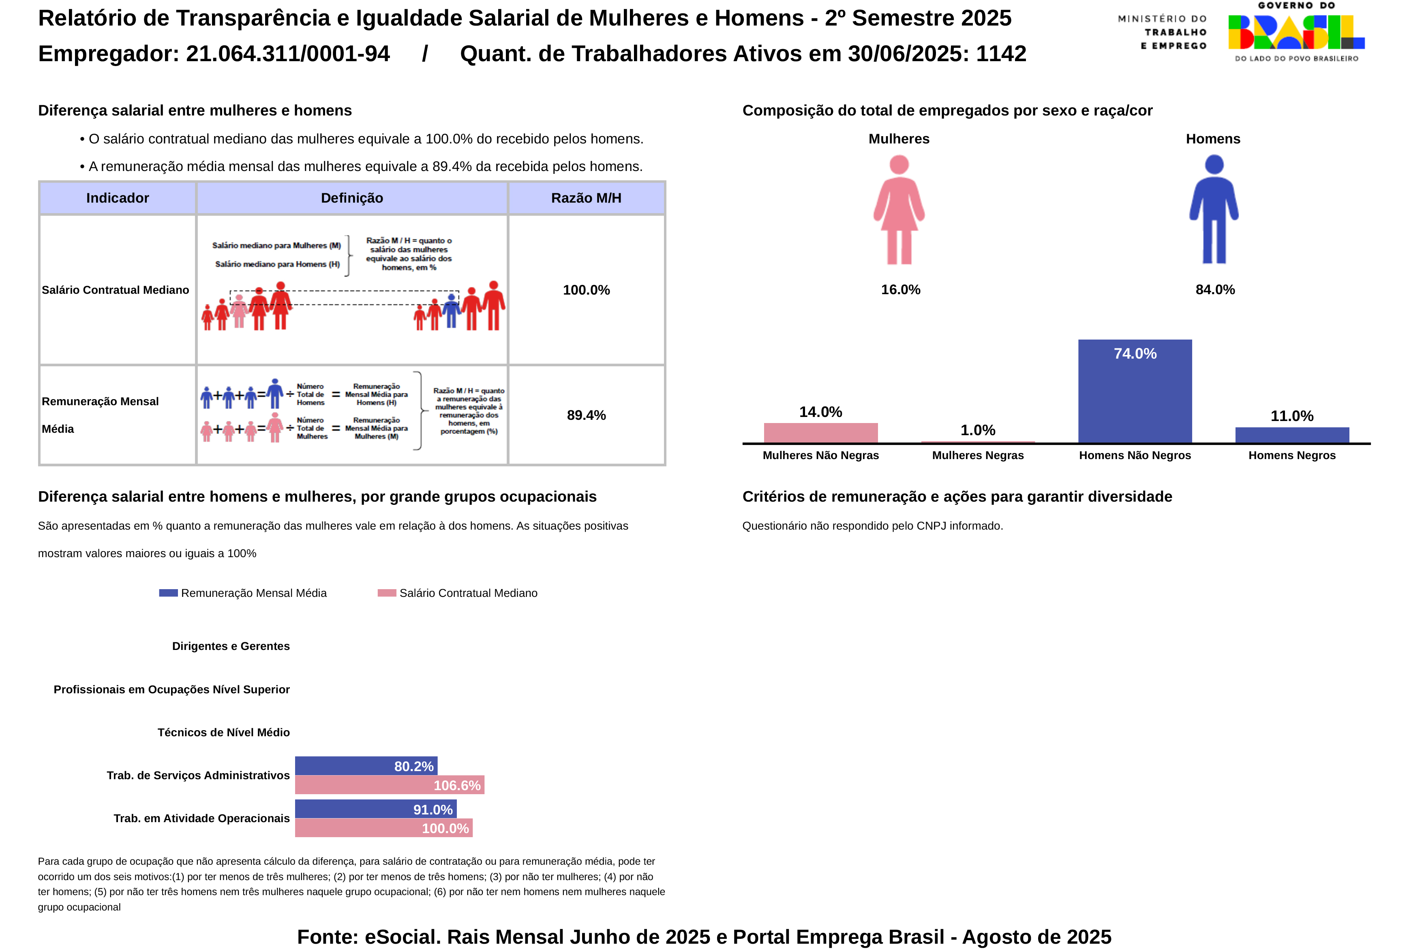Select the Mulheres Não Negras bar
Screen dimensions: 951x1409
tap(820, 433)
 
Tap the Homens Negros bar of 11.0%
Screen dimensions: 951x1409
tap(1292, 435)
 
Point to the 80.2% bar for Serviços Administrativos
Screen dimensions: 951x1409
tap(366, 765)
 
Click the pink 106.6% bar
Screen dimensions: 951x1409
tap(389, 785)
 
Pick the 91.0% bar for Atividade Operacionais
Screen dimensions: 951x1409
tap(375, 808)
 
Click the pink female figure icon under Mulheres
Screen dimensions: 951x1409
tap(899, 210)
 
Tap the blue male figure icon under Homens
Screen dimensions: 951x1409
tap(1214, 210)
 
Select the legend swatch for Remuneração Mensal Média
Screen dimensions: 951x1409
tap(168, 593)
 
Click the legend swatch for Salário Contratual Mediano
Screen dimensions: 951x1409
tap(386, 593)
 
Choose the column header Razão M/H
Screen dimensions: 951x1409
tap(586, 198)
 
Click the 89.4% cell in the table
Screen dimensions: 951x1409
tap(586, 415)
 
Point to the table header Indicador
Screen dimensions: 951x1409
tap(118, 198)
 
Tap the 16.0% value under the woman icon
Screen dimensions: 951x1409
tap(900, 290)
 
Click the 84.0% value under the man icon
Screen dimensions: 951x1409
tap(1215, 290)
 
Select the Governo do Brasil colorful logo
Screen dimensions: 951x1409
tap(1296, 32)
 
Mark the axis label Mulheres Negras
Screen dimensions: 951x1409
tap(977, 455)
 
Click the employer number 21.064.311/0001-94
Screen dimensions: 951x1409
tap(287, 54)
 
